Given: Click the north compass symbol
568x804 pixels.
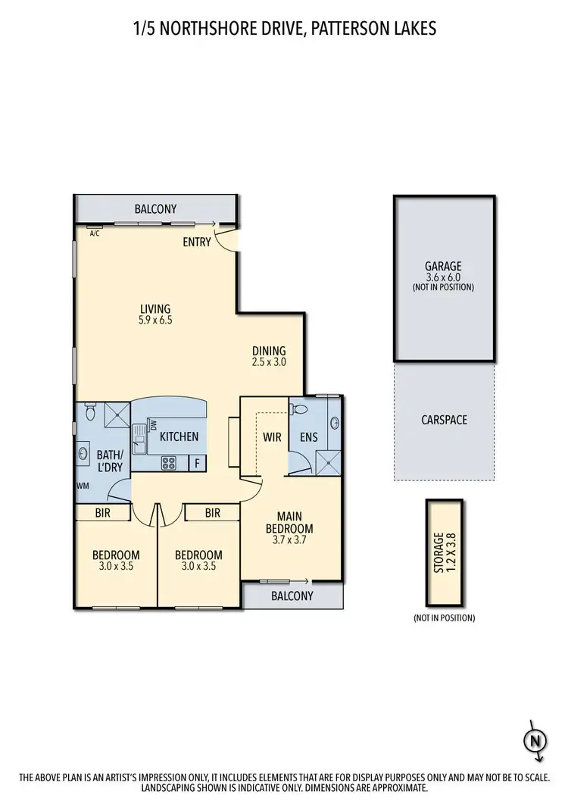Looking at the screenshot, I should pos(535,738).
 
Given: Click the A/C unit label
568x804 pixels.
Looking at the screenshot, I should pos(95,234).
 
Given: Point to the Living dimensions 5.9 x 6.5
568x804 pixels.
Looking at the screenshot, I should pos(155,321).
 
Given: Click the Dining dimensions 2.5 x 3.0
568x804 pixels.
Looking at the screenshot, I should pos(269,362).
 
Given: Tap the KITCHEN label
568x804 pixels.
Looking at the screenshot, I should pos(179,436).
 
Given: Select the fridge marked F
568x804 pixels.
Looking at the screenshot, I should pos(197,462).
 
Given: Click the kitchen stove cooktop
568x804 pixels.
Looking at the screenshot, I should pos(169,462).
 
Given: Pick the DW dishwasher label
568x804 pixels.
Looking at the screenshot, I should pos(153,424).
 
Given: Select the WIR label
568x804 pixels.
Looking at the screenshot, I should pos(273,437).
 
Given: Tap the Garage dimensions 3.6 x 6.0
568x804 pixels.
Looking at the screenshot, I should pos(443,277).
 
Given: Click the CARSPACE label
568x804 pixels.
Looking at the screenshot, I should pos(444,419).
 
